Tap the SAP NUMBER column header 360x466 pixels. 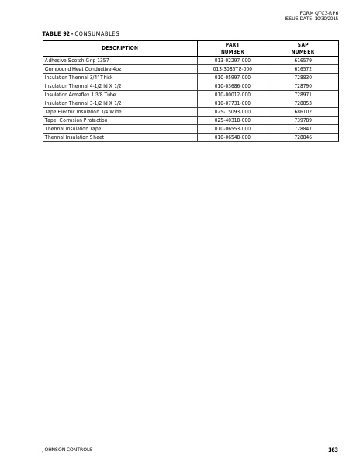tap(303, 48)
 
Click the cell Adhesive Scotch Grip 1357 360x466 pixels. tap(76, 60)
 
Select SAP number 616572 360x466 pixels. tap(303, 68)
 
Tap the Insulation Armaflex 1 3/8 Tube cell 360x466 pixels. tap(80, 94)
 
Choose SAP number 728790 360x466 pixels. tap(303, 85)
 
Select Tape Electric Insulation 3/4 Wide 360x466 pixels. tap(83, 111)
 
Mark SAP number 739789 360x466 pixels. tap(303, 120)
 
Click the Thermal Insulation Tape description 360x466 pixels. tap(72, 128)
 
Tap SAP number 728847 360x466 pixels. tap(303, 128)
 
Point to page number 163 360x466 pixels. tap(333, 450)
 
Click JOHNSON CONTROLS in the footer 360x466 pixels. tap(67, 450)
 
